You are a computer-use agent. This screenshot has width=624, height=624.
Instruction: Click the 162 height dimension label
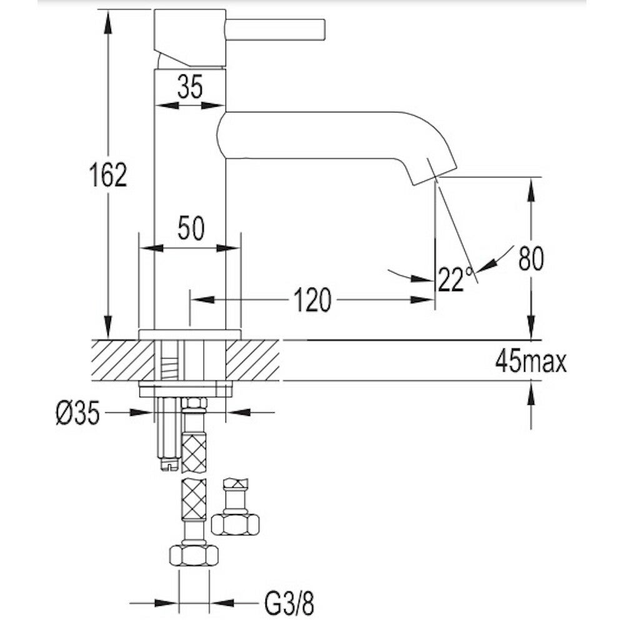[108, 174]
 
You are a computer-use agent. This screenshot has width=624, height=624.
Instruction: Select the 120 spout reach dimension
[312, 300]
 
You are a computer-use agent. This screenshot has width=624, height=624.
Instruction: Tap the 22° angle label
[455, 279]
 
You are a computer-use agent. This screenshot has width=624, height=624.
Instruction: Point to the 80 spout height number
[531, 258]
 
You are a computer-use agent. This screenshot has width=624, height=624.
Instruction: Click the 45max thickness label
[531, 362]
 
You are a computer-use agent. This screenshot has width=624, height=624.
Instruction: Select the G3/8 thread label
[289, 603]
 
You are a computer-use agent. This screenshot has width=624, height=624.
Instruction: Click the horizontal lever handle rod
[275, 29]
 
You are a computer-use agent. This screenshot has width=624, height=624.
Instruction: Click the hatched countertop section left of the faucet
[123, 360]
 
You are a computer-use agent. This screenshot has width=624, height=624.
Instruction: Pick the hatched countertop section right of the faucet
[253, 360]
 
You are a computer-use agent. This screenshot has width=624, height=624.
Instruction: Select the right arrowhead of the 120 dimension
[423, 300]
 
